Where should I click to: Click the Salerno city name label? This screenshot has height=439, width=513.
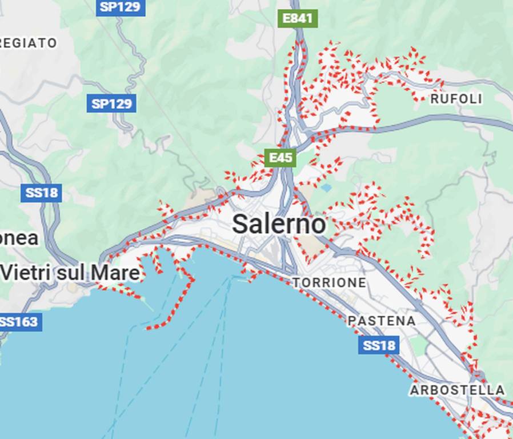tap(279, 224)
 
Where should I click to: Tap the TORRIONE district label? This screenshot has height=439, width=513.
tap(329, 282)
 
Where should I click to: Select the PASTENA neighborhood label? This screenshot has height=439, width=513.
tap(382, 321)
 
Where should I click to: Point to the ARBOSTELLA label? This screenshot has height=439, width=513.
tap(457, 390)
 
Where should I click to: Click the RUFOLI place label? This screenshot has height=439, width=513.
tap(456, 99)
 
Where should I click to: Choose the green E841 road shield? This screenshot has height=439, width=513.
tap(298, 18)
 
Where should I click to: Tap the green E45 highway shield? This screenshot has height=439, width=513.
tap(280, 157)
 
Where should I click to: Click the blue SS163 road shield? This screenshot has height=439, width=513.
tap(19, 322)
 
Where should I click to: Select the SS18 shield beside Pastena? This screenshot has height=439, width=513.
tap(379, 345)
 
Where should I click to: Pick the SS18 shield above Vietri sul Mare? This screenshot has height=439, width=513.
tap(41, 193)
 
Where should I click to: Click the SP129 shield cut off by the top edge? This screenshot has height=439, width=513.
tap(121, 7)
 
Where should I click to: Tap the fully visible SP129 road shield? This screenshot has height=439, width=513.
tap(112, 104)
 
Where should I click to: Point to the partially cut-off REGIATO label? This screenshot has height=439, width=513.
tap(29, 43)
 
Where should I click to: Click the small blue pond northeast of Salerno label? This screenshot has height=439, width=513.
tap(326, 187)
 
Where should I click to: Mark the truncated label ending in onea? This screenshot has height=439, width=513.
tap(18, 238)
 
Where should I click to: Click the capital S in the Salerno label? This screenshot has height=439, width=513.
tap(241, 224)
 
